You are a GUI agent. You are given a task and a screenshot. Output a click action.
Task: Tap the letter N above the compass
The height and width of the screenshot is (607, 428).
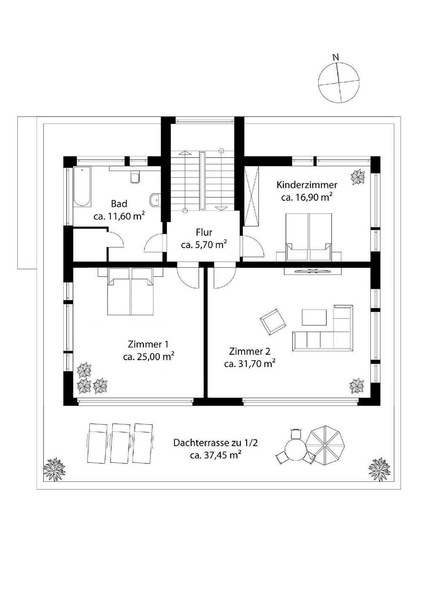tap(336, 57)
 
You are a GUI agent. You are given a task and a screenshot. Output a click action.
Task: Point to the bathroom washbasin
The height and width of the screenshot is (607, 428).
tap(155, 200)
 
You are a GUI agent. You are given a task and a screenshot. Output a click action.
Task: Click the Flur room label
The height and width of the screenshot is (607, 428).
tap(204, 232)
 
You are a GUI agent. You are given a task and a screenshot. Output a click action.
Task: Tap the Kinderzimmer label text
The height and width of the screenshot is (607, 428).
tap(307, 185)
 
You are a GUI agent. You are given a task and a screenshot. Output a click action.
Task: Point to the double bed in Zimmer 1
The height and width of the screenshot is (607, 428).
tap(131, 292)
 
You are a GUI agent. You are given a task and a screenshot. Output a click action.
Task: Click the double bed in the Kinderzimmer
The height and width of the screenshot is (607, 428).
tap(309, 236)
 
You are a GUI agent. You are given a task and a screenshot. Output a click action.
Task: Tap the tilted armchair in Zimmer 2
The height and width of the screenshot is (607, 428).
tap(273, 322)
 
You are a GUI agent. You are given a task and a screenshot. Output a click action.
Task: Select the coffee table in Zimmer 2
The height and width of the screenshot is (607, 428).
tap(314, 317)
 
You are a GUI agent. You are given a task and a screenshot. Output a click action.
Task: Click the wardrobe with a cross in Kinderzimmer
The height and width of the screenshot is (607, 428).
tap(252, 196)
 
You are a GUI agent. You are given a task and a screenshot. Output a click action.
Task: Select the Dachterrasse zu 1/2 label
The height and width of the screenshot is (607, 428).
tap(216, 443)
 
